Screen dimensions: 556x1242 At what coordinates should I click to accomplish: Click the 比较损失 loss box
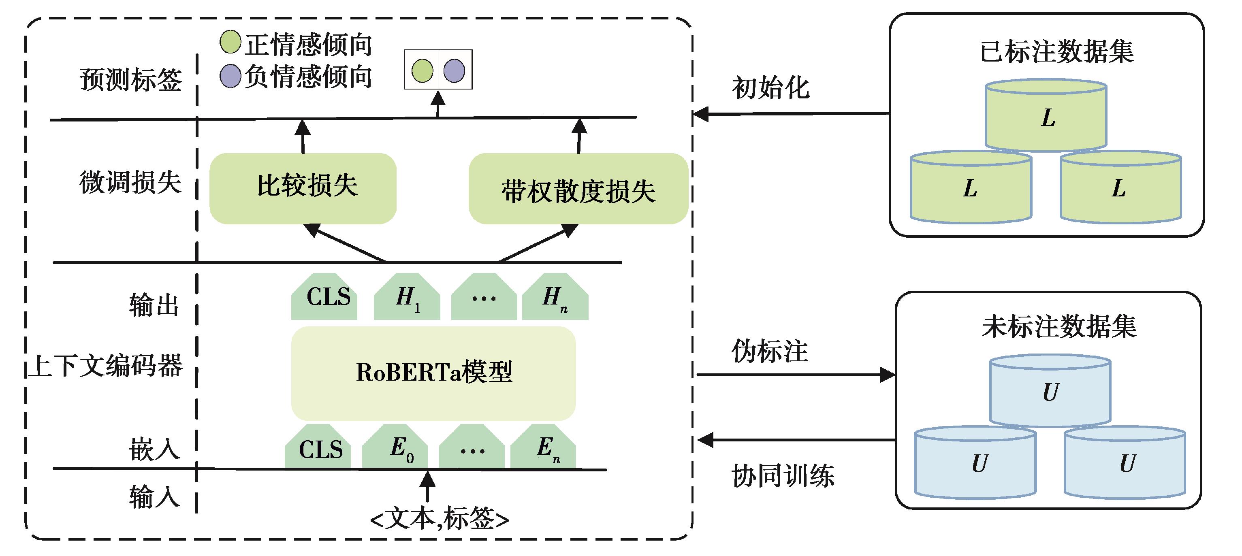(303, 188)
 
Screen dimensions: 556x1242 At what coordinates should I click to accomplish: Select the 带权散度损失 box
(578, 190)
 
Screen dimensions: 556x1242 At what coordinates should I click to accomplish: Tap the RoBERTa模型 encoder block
(433, 373)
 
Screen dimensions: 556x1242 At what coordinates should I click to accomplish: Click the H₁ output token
(407, 297)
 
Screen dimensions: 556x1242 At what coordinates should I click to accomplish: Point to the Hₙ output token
(555, 297)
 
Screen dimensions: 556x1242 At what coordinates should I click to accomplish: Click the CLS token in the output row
(324, 297)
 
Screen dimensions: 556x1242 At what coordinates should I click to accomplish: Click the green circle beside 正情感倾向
(230, 42)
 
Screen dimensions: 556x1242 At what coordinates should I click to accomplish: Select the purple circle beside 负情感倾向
(230, 76)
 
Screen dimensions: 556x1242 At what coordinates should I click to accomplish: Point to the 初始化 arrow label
(770, 88)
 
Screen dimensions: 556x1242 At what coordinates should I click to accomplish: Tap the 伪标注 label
(770, 351)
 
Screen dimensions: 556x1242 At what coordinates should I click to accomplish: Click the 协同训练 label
(783, 476)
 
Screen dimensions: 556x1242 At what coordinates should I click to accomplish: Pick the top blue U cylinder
(1050, 391)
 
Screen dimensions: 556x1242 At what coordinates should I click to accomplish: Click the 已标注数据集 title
(1056, 51)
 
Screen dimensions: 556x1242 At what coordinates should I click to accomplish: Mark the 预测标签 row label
(131, 79)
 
